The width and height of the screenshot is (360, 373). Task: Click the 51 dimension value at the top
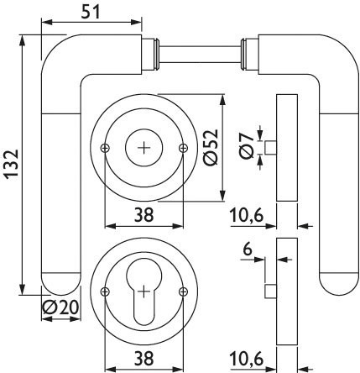(91, 12)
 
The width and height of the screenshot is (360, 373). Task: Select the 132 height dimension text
(12, 164)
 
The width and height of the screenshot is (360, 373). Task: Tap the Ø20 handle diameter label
(60, 308)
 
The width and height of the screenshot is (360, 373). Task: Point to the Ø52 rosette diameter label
(211, 147)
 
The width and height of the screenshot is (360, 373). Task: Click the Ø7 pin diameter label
(247, 145)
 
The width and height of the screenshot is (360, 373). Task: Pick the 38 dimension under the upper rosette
(144, 216)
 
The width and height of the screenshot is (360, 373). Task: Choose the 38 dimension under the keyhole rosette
(144, 359)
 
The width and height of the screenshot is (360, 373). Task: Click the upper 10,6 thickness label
(247, 216)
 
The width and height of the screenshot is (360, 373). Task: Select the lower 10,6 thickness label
(247, 359)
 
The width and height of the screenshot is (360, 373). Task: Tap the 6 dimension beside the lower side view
(248, 250)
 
